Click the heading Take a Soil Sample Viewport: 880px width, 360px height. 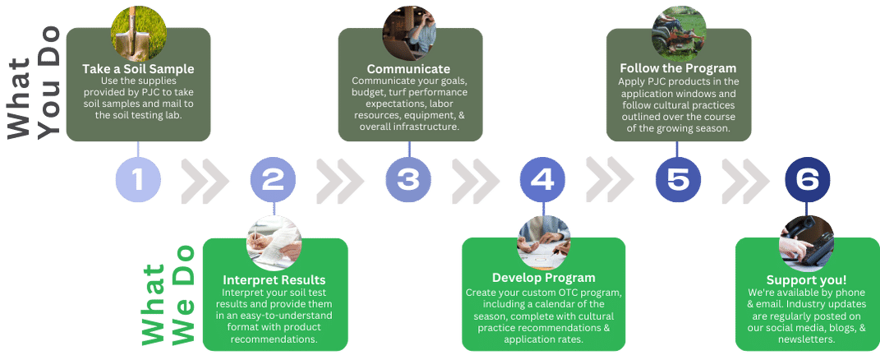(138, 69)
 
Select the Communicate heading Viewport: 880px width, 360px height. (408, 69)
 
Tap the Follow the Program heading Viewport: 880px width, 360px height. (678, 68)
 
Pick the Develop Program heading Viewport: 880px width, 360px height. (543, 278)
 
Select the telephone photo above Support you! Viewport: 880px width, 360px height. (807, 242)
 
